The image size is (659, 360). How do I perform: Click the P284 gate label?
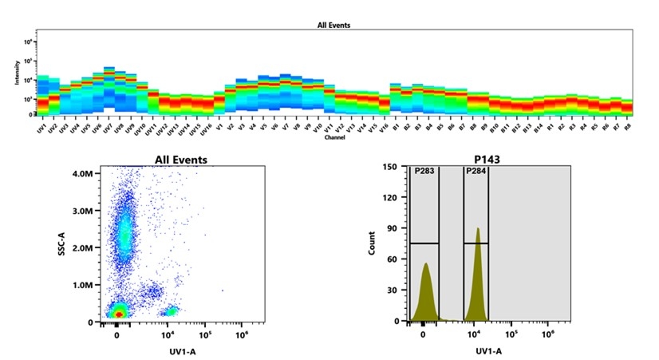pos(476,171)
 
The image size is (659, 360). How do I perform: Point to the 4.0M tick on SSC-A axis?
pos(83,172)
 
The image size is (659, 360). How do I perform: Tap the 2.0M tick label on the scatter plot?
pos(83,247)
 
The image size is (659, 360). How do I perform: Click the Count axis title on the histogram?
pos(372,243)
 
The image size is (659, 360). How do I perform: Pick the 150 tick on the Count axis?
pos(391,167)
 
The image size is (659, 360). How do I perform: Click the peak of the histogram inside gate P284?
pos(478,230)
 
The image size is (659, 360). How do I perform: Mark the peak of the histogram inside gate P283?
pos(426,264)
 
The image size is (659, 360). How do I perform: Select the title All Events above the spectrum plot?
pos(333,26)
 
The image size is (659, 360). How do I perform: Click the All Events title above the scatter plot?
pos(180,160)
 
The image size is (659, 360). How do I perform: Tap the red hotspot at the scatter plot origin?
pos(118,315)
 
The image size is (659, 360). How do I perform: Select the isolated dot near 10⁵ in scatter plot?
pos(222,291)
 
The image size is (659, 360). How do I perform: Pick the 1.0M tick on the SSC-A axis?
pos(83,285)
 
